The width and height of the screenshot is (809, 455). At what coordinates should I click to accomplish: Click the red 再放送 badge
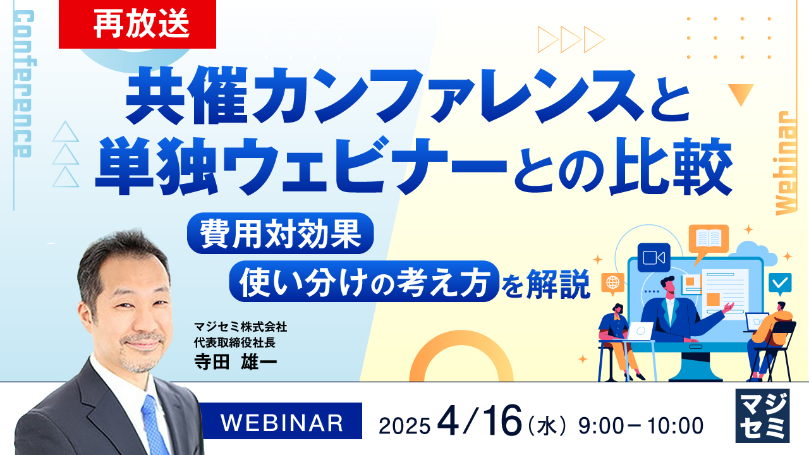click(137, 24)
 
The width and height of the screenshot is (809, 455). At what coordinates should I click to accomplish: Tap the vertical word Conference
click(23, 84)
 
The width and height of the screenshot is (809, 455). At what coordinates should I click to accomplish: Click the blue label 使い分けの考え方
click(362, 281)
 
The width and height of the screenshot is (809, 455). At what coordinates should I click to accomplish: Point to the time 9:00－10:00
click(641, 425)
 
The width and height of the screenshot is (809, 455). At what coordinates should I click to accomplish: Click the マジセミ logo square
click(762, 415)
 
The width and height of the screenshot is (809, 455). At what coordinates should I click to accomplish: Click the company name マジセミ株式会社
click(241, 327)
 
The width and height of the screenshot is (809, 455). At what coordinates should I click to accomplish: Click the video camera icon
click(654, 257)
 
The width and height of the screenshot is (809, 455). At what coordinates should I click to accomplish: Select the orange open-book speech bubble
click(709, 240)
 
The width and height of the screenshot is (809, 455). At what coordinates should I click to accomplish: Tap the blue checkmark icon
click(780, 282)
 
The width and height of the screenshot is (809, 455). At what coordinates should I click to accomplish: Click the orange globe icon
click(613, 282)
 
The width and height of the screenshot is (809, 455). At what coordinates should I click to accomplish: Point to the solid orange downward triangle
click(741, 94)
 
